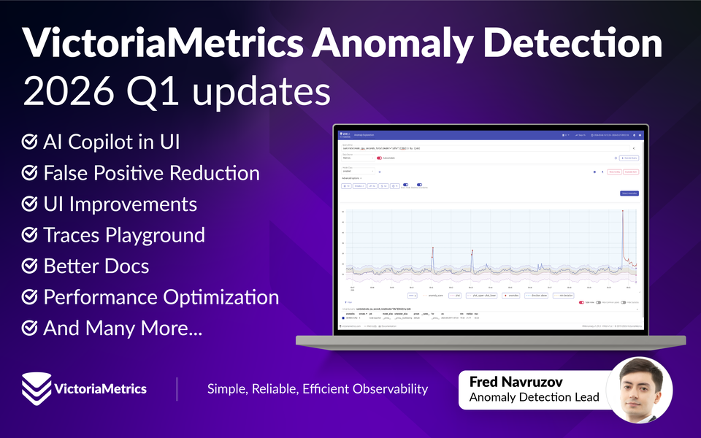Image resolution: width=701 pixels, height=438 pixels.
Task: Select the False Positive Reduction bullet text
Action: point(151,173)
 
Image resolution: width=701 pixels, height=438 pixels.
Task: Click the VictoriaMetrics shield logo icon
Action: point(34,388)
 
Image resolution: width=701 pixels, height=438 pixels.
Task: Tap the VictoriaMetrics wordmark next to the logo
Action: point(101,388)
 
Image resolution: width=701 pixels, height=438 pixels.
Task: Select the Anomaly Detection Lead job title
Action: point(534,398)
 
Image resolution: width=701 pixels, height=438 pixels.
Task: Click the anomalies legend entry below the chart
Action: point(512,296)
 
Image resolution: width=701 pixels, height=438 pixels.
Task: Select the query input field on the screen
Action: point(482,148)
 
